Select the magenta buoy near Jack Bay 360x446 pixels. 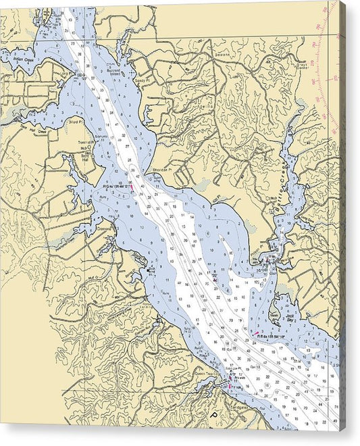[x=256, y=332]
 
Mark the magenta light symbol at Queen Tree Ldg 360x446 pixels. [x=229, y=386]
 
